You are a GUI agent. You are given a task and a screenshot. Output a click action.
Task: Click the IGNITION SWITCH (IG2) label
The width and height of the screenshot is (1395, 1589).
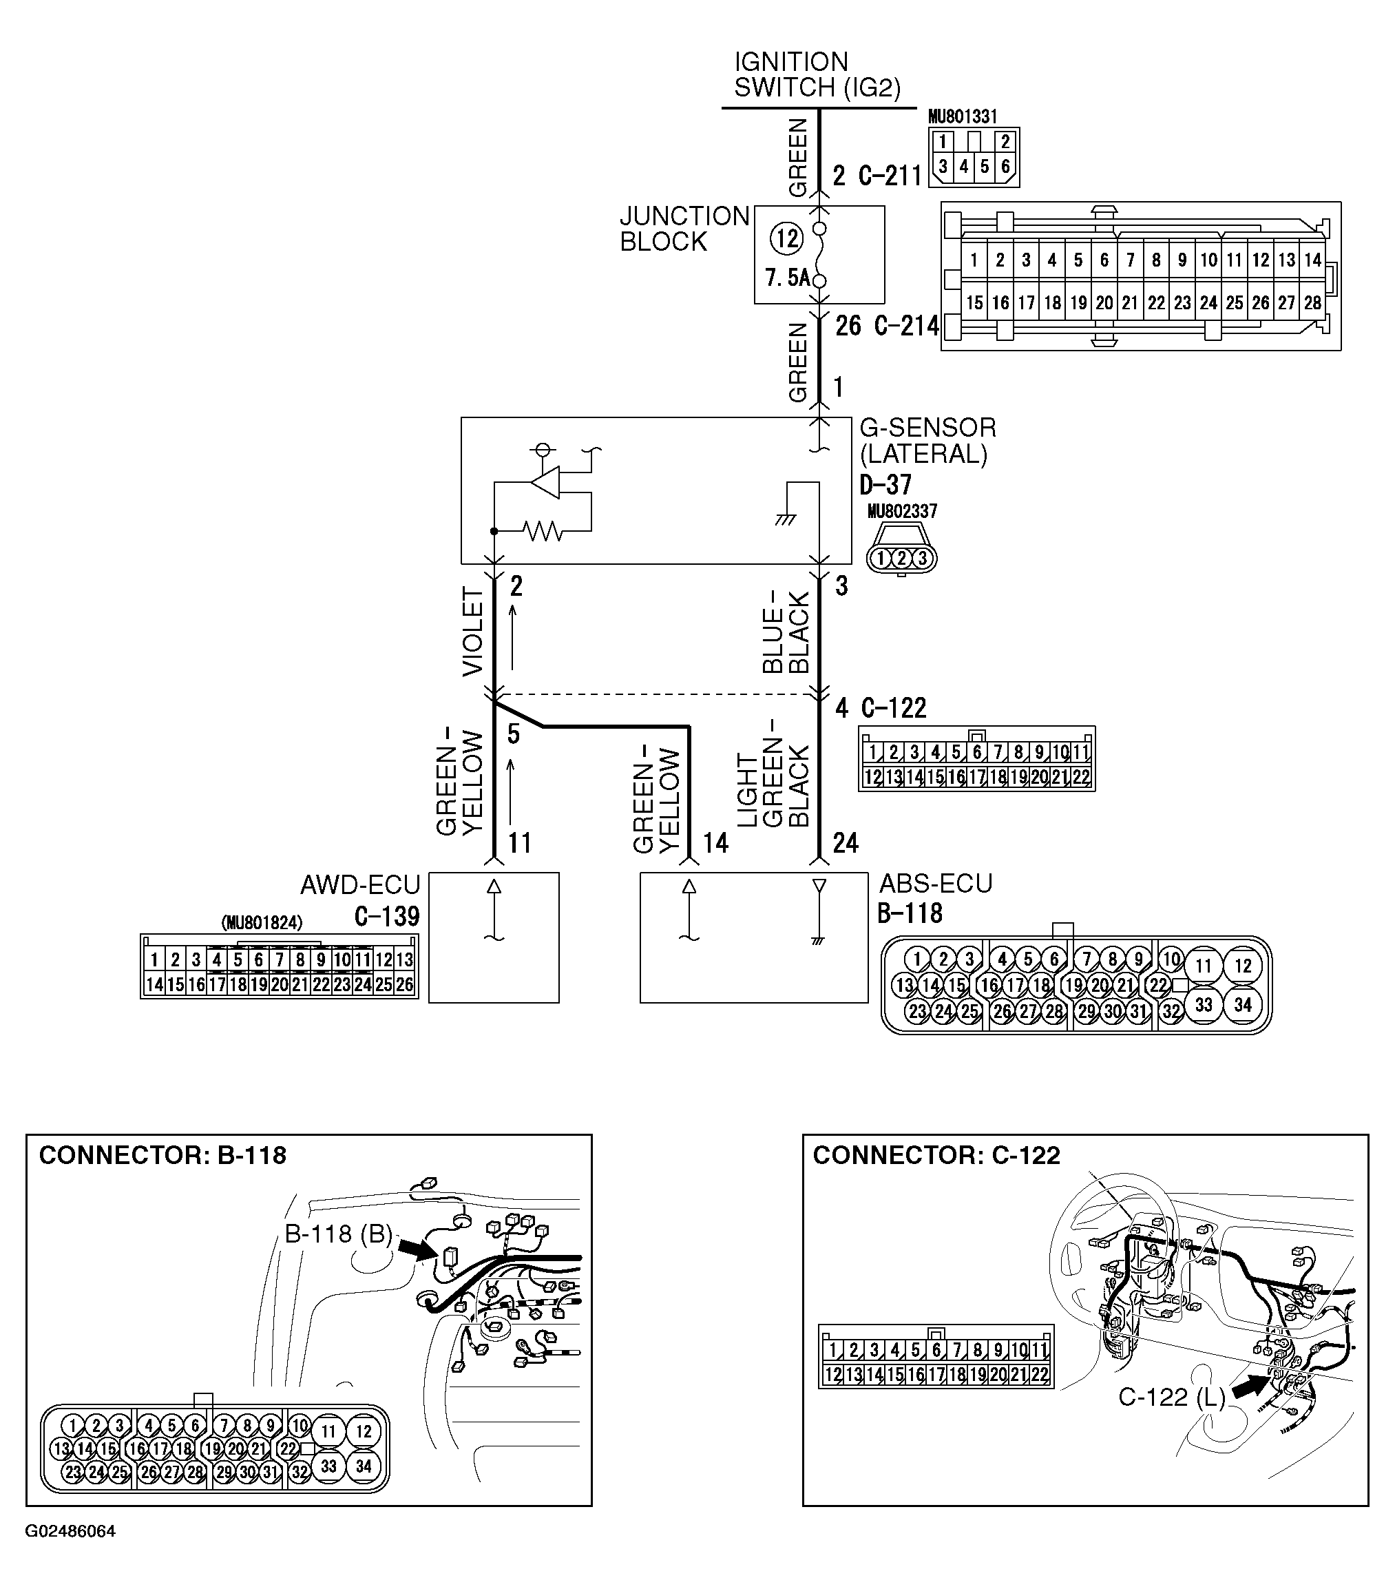pyautogui.click(x=816, y=74)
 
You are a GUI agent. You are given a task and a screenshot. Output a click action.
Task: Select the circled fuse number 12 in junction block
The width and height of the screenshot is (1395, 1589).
pyautogui.click(x=786, y=238)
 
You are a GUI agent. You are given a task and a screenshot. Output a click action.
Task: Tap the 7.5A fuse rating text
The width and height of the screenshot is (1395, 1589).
pyautogui.click(x=786, y=278)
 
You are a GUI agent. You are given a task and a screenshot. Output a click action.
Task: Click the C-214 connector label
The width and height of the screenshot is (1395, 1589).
pyautogui.click(x=906, y=326)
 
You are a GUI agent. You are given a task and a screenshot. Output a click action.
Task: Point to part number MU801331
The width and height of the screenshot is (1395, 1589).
pyautogui.click(x=962, y=116)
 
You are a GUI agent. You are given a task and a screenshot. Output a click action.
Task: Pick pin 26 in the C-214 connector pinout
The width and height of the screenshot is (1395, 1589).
pyautogui.click(x=1260, y=303)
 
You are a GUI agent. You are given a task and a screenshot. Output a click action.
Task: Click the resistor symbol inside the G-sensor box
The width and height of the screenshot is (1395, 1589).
pyautogui.click(x=543, y=531)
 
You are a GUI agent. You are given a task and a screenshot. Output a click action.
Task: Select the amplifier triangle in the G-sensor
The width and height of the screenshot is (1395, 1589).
pyautogui.click(x=545, y=482)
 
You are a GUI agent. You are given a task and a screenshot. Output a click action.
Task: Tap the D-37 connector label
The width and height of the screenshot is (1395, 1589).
pyautogui.click(x=885, y=485)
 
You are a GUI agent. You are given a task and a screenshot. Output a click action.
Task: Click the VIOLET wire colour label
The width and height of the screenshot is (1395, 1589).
pyautogui.click(x=472, y=632)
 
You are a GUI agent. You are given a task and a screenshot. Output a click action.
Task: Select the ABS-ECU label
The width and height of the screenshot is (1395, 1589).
pyautogui.click(x=936, y=884)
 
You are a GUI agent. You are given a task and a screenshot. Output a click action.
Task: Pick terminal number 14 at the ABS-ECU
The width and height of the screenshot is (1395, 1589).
pyautogui.click(x=715, y=842)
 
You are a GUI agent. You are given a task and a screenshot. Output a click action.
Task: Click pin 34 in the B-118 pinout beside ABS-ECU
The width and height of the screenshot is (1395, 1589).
pyautogui.click(x=1242, y=1005)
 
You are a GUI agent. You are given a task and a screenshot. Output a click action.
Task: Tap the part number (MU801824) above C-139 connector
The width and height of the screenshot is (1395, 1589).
pyautogui.click(x=262, y=923)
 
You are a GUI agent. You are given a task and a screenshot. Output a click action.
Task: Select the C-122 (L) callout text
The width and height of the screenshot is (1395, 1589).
pyautogui.click(x=1171, y=1397)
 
